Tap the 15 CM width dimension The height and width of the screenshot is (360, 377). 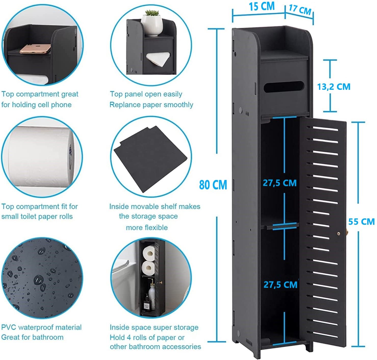(262, 7)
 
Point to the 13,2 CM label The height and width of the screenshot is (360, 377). (334, 87)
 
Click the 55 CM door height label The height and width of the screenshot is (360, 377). (361, 221)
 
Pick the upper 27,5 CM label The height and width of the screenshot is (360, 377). (280, 183)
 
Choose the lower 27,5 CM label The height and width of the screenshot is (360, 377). (280, 284)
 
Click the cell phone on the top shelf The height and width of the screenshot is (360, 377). (35, 49)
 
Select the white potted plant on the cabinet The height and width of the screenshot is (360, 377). (152, 23)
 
